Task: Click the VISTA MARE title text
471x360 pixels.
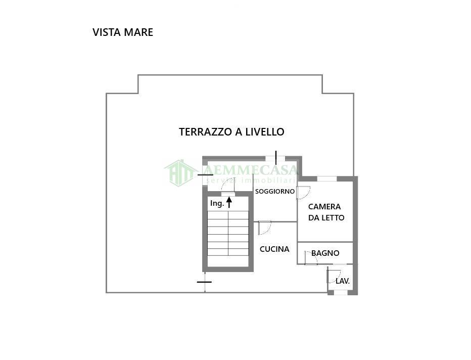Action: coord(123,32)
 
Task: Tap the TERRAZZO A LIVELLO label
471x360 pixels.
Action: coord(231,132)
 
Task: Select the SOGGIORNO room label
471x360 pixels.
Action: coord(274,192)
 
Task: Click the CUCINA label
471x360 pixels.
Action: coord(274,249)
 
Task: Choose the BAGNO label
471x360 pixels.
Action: coord(325,253)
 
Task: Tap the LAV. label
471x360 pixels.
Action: coord(343,281)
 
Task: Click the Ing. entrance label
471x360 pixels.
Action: coord(217,203)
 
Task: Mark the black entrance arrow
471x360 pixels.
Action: coord(229,202)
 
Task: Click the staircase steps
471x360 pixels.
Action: coord(228,233)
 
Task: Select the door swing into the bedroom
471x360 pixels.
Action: coord(303,193)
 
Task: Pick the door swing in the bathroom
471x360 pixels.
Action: coord(310,257)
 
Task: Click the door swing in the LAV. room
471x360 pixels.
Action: coord(333,277)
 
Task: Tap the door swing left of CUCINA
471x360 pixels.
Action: coord(264,228)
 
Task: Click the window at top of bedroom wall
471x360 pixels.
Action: coord(326,178)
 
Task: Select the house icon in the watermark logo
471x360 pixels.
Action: coord(180,172)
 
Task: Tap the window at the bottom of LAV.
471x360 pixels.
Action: coord(341,292)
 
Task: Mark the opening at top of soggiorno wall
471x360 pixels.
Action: coord(275,158)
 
